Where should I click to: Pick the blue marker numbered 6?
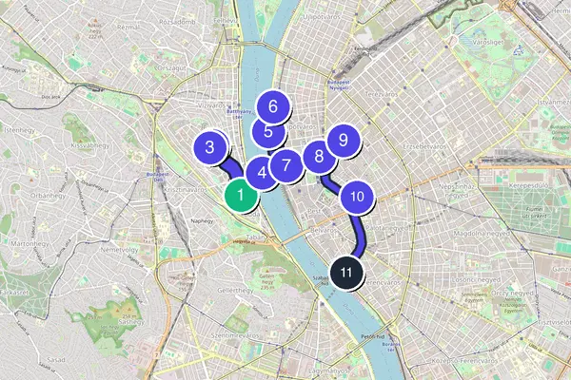pyautogui.click(x=273, y=107)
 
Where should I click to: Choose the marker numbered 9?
pyautogui.click(x=343, y=141)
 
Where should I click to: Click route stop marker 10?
pyautogui.click(x=357, y=197)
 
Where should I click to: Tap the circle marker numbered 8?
pyautogui.click(x=318, y=157)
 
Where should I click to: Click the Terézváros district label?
pyautogui.click(x=380, y=95)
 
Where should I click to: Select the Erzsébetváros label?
pyautogui.click(x=424, y=147)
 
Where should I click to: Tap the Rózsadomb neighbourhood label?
pyautogui.click(x=176, y=21)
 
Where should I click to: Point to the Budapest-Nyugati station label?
pyautogui.click(x=340, y=85)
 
